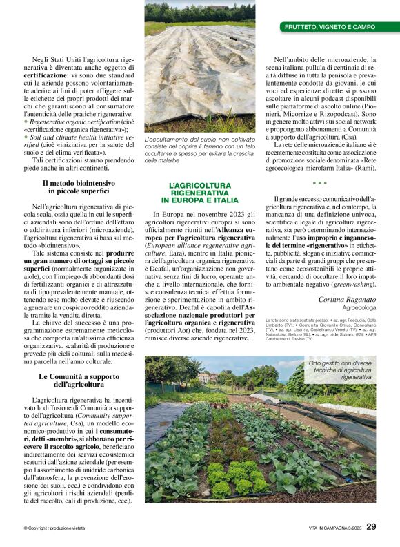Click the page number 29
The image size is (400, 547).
click(371, 526)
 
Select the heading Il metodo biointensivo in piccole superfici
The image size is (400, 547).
click(77, 188)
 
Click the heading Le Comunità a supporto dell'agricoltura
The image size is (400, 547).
click(77, 381)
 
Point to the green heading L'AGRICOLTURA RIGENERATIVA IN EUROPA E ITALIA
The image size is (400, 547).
click(199, 193)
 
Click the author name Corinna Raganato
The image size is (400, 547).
click(348, 299)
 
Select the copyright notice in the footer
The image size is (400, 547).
click(55, 528)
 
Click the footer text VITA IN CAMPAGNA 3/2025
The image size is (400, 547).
click(329, 528)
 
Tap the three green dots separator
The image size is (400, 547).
click(320, 184)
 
